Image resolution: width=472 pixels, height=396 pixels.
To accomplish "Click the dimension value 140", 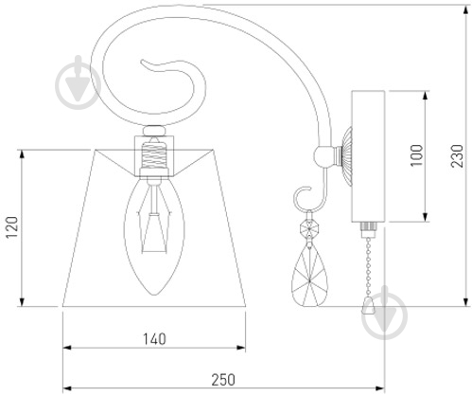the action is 154,339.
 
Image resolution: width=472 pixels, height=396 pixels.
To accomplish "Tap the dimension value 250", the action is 223,380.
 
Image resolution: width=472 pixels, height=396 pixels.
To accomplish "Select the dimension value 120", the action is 12,227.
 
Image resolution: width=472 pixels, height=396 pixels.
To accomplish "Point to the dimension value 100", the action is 416,155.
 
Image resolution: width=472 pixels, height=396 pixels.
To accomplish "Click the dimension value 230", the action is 457,156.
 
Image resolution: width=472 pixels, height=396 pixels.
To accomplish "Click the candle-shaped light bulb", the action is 154,236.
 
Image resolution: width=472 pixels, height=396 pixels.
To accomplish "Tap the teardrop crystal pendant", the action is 309,274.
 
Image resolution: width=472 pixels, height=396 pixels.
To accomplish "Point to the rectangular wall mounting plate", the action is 368,156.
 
